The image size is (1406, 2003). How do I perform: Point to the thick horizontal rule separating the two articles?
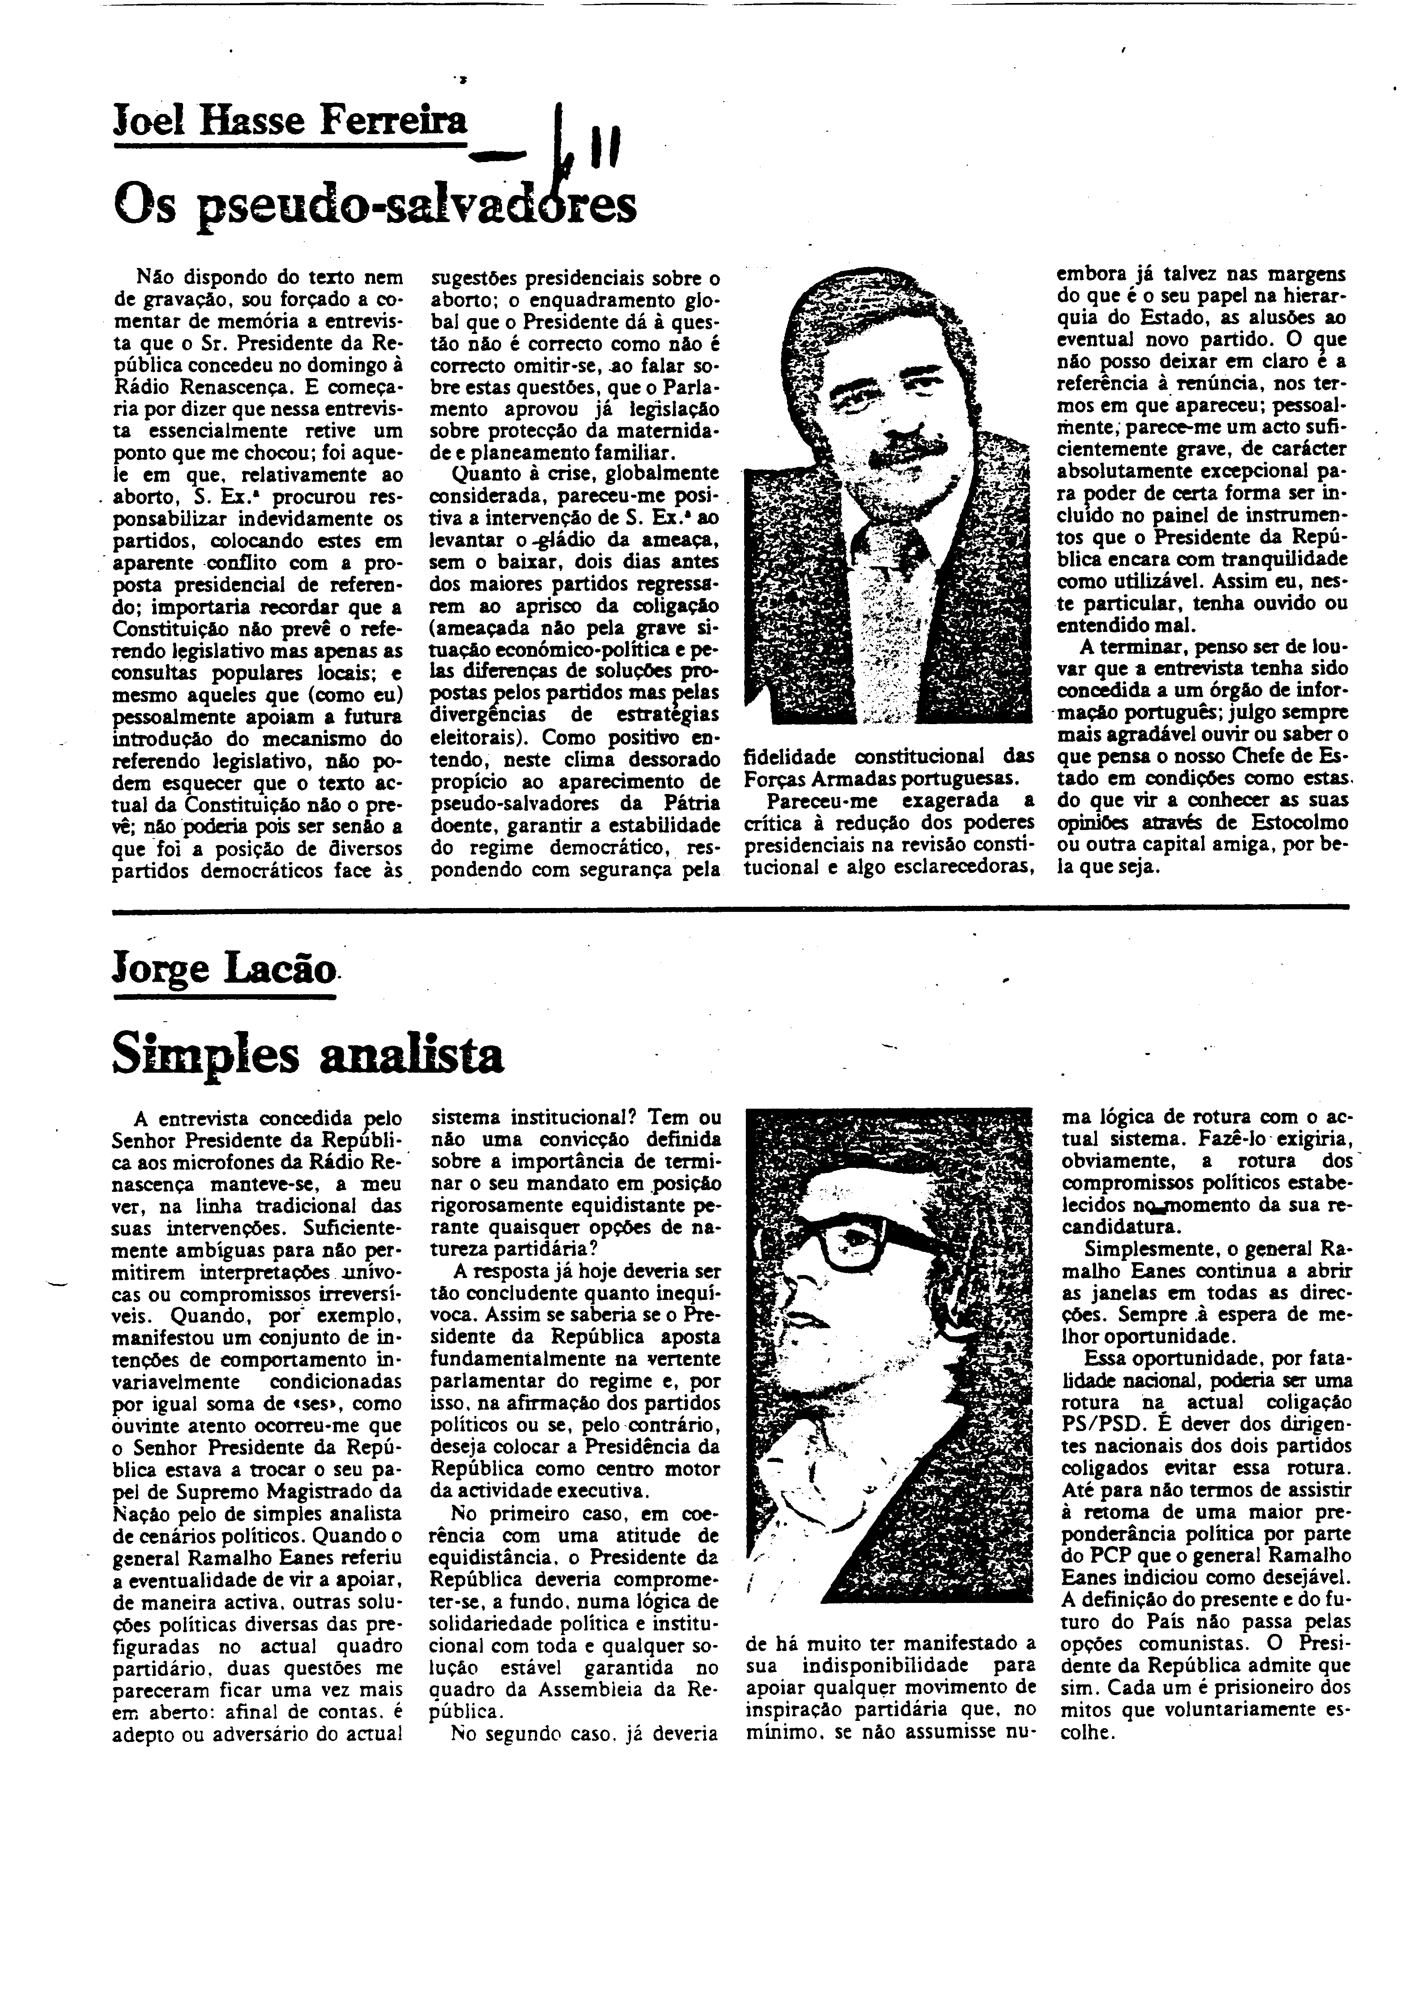[731, 908]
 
